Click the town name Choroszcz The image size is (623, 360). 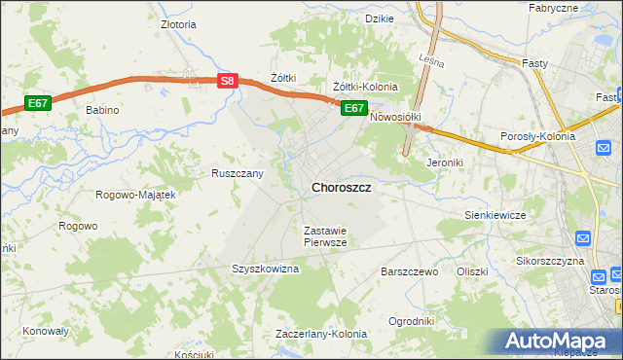coord(340,187)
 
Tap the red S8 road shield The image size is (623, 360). coord(226,83)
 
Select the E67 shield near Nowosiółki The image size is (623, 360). coord(353,108)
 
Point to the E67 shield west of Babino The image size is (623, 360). coord(37,102)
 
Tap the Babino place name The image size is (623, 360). coord(102,110)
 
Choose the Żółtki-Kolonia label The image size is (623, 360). coord(365,87)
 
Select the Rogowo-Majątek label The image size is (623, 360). coord(134,195)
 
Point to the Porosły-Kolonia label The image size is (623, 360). coord(536,136)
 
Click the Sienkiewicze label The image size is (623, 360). coord(495,214)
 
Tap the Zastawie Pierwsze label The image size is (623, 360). coord(325,236)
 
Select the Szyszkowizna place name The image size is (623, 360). coord(265,269)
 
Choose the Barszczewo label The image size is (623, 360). coord(411,271)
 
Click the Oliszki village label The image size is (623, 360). coord(471,271)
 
